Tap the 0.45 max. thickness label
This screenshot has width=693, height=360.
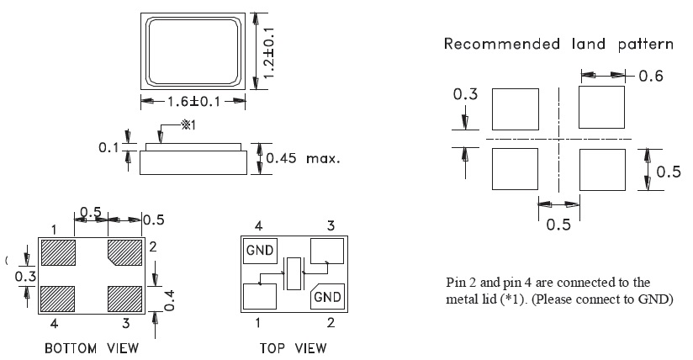pos(303,158)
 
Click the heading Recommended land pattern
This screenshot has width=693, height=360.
pos(558,44)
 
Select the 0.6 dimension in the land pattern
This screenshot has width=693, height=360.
pos(651,77)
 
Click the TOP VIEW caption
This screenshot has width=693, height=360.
pos(292,347)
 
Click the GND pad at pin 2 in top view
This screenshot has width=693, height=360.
pos(326,296)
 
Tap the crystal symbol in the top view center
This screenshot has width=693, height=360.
pos(292,273)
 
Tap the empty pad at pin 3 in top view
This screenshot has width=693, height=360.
pos(326,251)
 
